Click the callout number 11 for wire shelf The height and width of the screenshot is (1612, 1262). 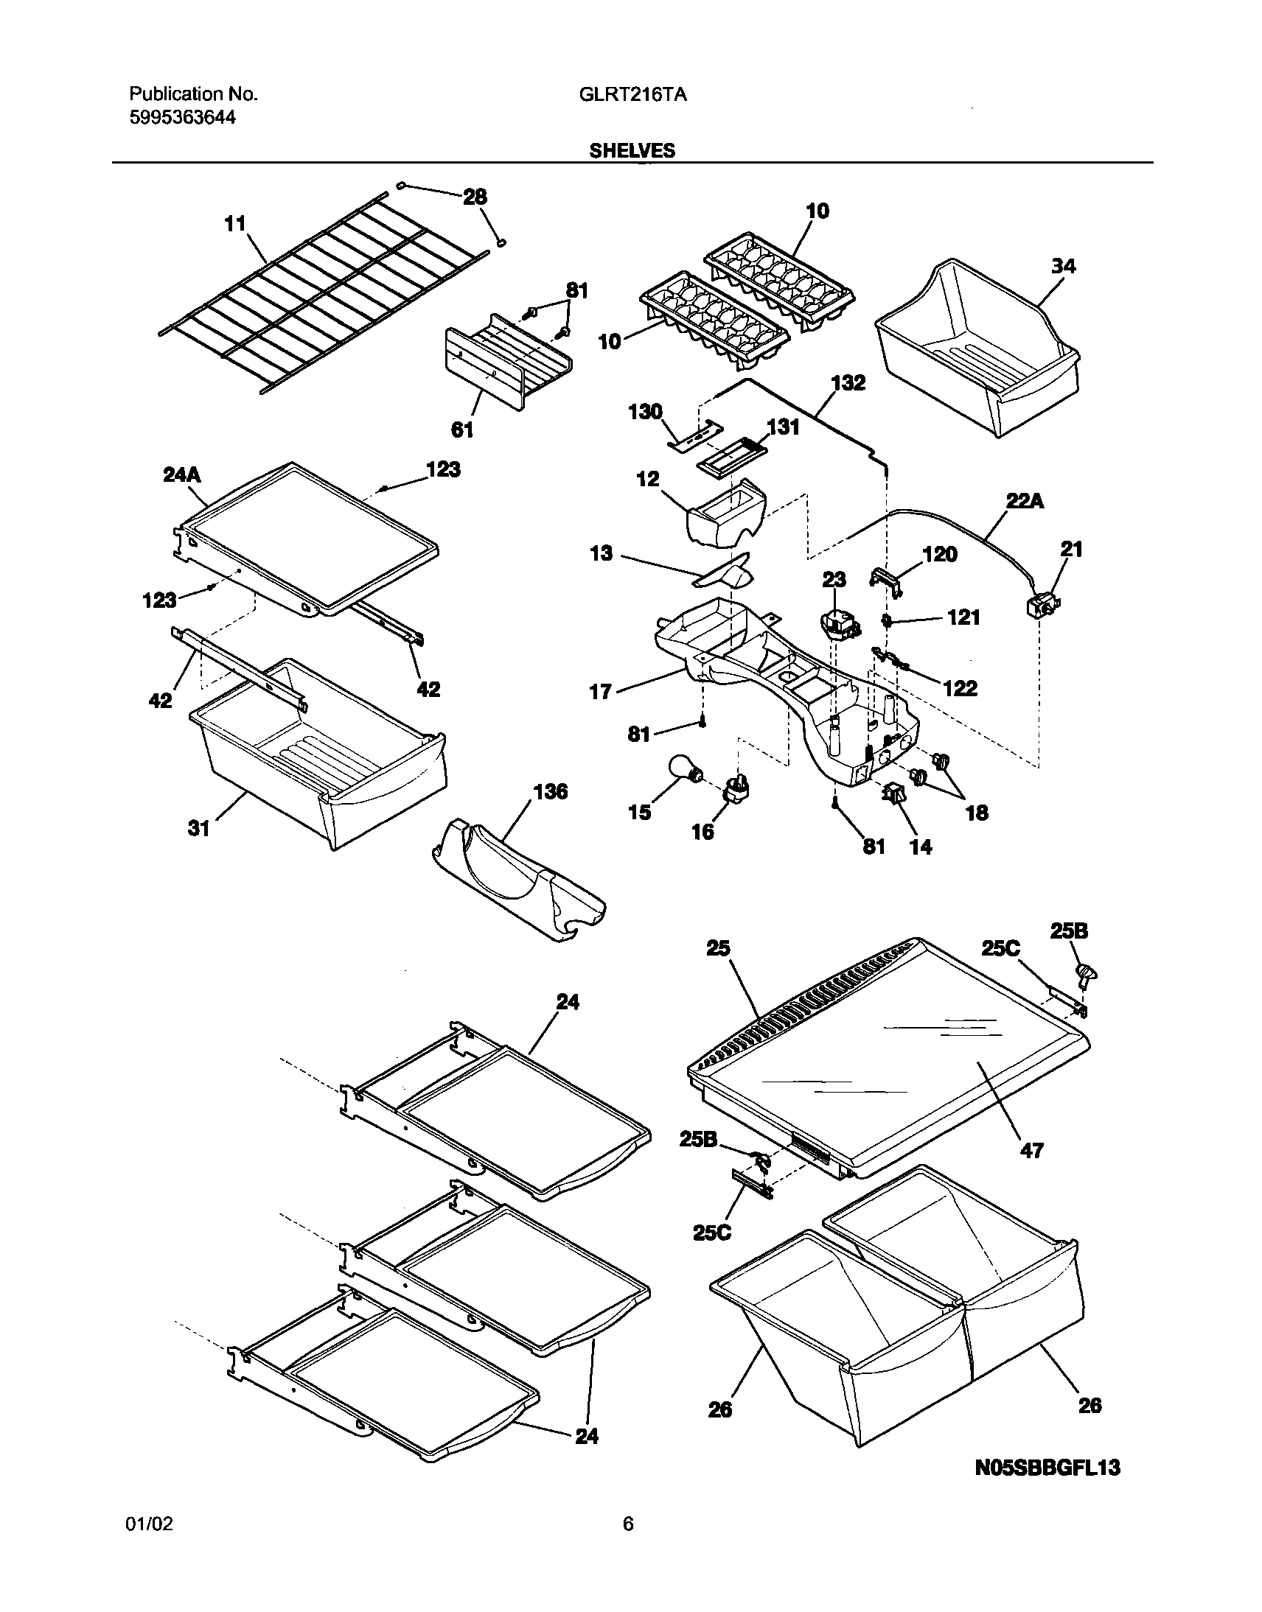235,223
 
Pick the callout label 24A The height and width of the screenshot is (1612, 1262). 182,474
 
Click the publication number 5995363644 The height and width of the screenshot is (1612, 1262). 183,116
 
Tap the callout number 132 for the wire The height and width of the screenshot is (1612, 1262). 848,383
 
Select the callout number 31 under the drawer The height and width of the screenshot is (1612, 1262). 198,829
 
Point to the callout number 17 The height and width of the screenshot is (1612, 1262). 600,691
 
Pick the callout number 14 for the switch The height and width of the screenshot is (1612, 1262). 920,847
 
